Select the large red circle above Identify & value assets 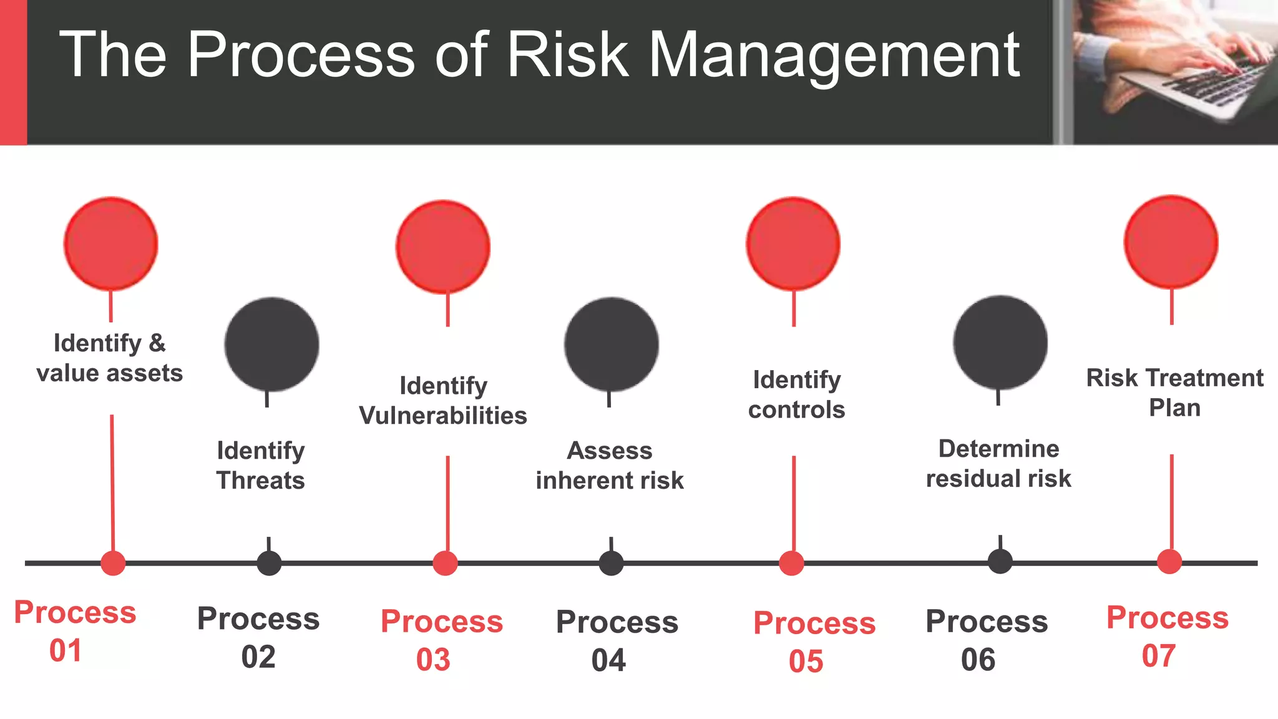(x=111, y=244)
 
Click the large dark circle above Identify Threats (x=271, y=345)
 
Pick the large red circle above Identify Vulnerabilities (x=443, y=247)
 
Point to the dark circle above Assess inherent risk (x=612, y=345)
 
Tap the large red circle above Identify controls (x=793, y=244)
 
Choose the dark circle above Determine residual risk (x=1000, y=343)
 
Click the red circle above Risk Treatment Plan (x=1171, y=242)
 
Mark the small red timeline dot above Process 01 (x=113, y=563)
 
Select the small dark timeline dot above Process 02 (x=269, y=563)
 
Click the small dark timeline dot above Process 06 (x=1000, y=562)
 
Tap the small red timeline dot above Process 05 (x=791, y=563)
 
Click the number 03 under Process (x=433, y=660)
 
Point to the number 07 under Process (x=1159, y=656)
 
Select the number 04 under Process (x=608, y=660)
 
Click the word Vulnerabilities (x=443, y=416)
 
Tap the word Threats (x=261, y=481)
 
